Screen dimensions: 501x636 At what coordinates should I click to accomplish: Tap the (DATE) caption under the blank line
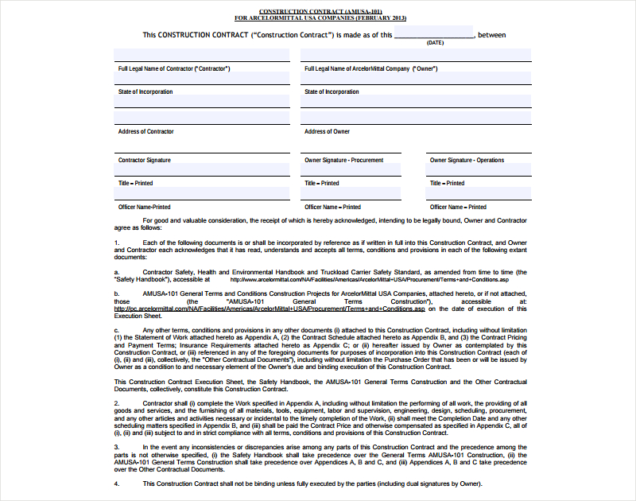pos(435,43)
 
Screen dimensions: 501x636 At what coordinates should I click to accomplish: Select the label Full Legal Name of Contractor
pos(174,69)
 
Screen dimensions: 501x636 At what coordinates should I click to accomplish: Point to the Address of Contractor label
pos(145,132)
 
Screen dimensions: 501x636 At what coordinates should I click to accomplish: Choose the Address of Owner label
pos(327,132)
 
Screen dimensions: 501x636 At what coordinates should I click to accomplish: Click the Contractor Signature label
pos(145,161)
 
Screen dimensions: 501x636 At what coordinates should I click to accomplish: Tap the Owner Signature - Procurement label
pos(344,161)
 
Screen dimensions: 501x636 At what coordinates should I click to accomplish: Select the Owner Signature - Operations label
pos(467,161)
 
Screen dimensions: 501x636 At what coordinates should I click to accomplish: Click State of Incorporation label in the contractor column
pos(145,92)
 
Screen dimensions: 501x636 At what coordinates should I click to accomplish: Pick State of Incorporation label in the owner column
pos(332,92)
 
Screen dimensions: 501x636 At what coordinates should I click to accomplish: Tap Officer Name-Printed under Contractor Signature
pos(145,208)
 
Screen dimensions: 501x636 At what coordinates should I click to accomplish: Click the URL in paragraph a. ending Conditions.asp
pos(369,280)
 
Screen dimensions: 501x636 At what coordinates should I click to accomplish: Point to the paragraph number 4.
pos(116,484)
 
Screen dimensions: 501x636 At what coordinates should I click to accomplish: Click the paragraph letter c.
pos(116,330)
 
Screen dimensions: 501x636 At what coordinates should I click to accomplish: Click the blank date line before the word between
pos(434,35)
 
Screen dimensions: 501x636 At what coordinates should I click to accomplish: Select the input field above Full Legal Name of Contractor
pos(202,55)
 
